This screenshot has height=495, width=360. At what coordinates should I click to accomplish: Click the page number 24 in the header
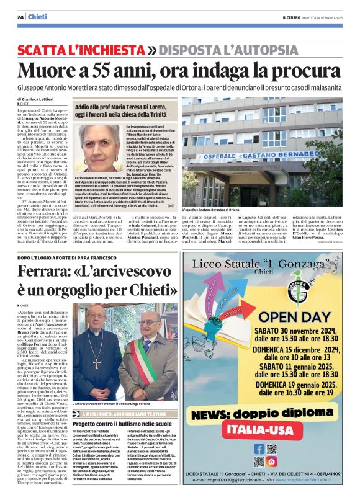[20, 16]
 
